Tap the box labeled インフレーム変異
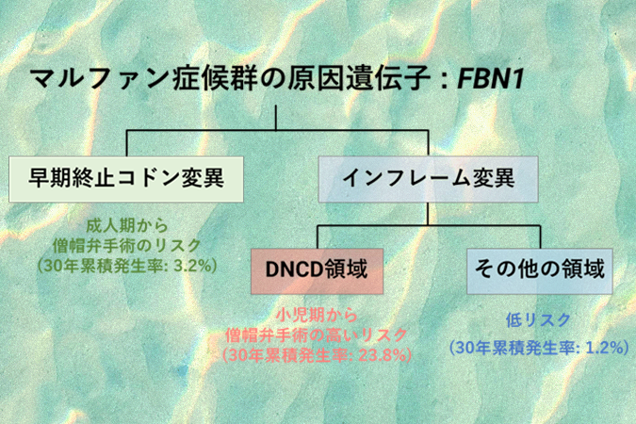click(x=429, y=176)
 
